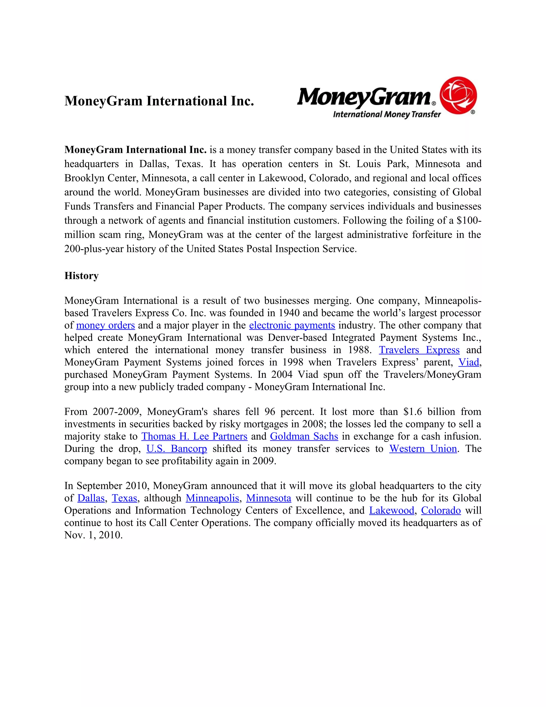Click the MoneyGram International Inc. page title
pos(159,101)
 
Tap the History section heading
pos(81,276)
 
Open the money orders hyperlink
pos(106,325)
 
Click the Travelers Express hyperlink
pos(419,350)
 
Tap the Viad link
pos(468,362)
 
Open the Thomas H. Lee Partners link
pos(194,436)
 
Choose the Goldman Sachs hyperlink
pos(304,436)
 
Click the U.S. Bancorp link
pos(176,449)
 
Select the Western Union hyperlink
pos(423,449)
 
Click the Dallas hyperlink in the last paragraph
pos(91,498)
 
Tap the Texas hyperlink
pos(124,498)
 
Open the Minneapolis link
pos(212,498)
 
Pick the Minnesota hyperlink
pos(268,498)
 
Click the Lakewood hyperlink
pos(391,510)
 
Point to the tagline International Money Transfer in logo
pos(387,114)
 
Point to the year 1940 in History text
pos(289,313)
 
